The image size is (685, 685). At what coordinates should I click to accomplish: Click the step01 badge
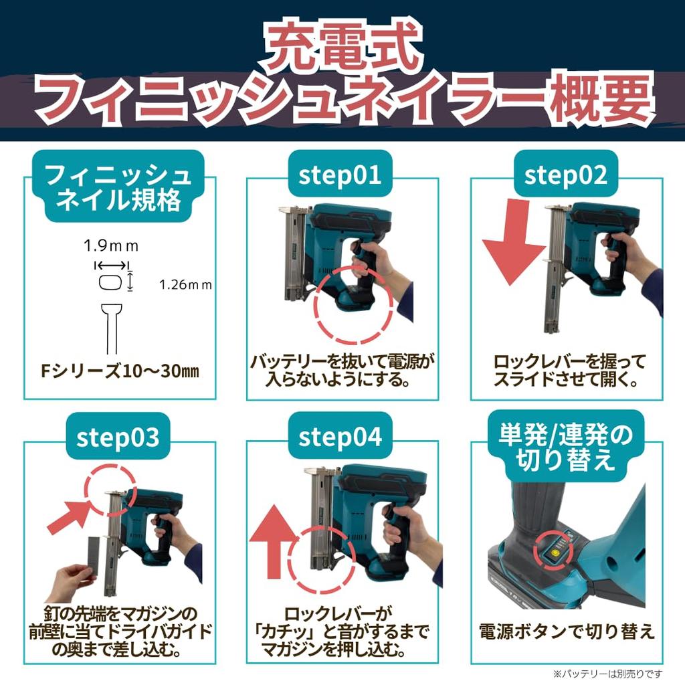(x=340, y=174)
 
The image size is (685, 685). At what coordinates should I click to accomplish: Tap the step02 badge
(x=566, y=174)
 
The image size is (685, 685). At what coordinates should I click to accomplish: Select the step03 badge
(x=118, y=436)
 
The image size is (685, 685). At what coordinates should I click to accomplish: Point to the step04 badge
(x=340, y=436)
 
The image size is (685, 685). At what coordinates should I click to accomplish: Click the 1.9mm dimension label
(x=111, y=246)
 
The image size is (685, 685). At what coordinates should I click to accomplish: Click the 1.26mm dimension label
(x=185, y=285)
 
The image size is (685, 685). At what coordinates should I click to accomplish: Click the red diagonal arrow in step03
(x=70, y=516)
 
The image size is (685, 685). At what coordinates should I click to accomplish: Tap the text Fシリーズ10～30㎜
(x=119, y=371)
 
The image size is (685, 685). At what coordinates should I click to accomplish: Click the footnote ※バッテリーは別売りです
(x=607, y=674)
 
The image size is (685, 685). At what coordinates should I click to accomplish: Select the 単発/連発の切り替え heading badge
(x=566, y=446)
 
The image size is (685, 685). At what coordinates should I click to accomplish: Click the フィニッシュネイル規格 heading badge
(x=118, y=187)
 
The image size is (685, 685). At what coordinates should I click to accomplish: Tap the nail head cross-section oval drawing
(x=110, y=282)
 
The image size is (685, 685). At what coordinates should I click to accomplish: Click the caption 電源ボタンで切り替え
(x=567, y=631)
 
